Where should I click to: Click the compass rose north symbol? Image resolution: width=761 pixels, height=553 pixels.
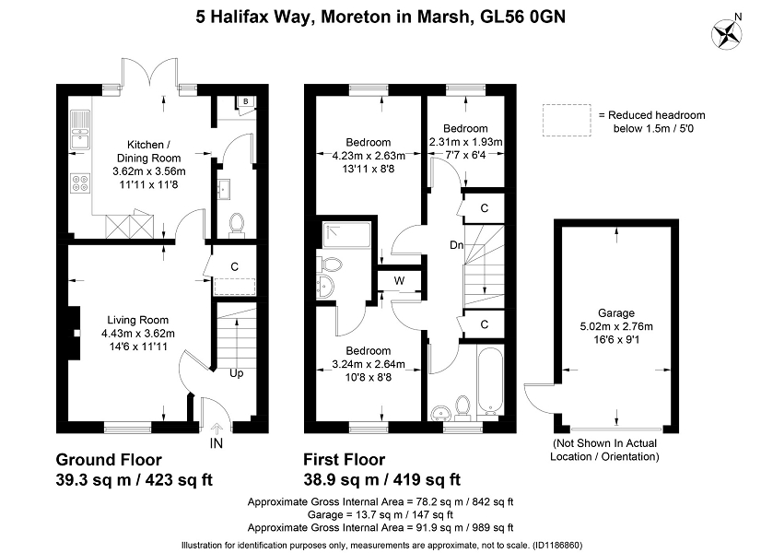727,34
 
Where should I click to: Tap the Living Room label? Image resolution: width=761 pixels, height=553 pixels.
138,320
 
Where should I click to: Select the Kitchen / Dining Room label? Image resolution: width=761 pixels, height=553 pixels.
148,151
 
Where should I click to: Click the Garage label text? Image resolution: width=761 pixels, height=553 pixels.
615,313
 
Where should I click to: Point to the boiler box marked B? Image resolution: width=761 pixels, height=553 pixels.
246,101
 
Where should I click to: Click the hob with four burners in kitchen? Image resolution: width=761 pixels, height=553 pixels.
80,183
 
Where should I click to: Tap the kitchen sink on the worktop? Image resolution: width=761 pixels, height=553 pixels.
80,130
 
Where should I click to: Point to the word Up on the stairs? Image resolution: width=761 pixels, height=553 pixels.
237,373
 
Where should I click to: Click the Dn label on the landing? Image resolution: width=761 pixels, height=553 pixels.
457,245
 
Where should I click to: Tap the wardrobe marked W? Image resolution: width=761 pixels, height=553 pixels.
399,280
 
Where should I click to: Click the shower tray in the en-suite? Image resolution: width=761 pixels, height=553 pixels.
347,235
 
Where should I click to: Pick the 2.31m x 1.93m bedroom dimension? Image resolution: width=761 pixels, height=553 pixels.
465,142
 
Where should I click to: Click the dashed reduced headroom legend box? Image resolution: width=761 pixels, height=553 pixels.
567,120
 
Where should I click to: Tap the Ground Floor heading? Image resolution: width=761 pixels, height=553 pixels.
109,459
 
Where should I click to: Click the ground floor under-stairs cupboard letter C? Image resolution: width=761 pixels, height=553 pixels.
234,266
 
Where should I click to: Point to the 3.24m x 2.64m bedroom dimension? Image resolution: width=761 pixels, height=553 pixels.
369,364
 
